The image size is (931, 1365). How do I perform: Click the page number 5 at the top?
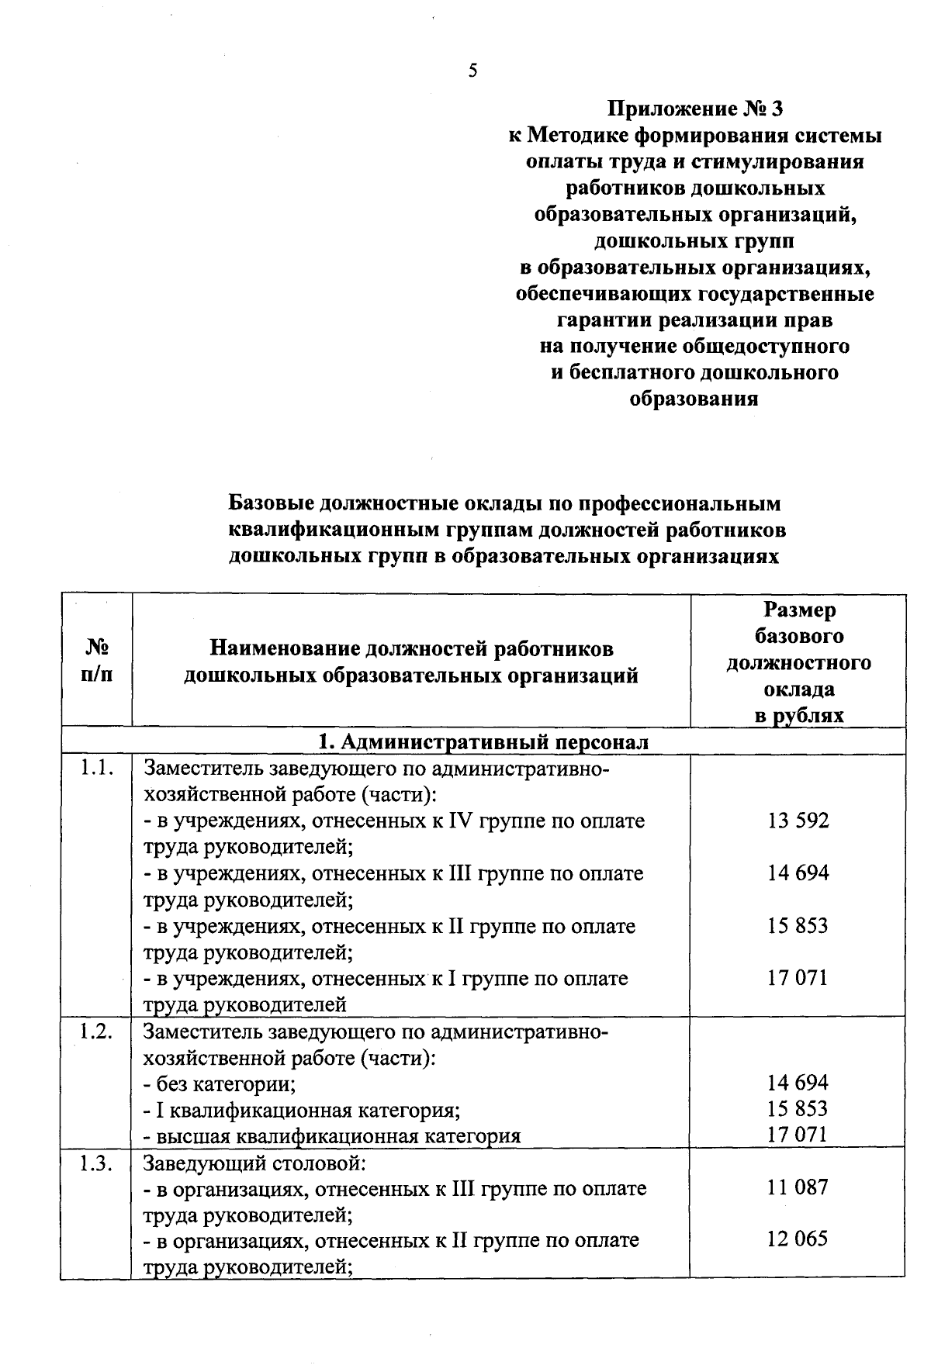(472, 71)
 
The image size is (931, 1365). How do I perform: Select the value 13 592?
(798, 821)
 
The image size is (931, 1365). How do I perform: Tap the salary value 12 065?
(798, 1239)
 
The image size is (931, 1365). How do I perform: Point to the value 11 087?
(798, 1187)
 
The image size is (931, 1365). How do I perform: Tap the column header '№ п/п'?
(97, 660)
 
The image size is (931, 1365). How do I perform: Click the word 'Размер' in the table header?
(799, 610)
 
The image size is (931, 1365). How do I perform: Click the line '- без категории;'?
(220, 1083)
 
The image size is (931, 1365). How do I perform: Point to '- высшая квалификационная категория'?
(332, 1136)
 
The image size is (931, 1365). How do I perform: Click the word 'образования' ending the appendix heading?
(694, 399)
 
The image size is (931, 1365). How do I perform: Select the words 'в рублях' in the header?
(799, 715)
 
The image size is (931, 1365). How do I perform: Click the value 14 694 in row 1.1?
(798, 873)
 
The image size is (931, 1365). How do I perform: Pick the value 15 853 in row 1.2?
(798, 1109)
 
